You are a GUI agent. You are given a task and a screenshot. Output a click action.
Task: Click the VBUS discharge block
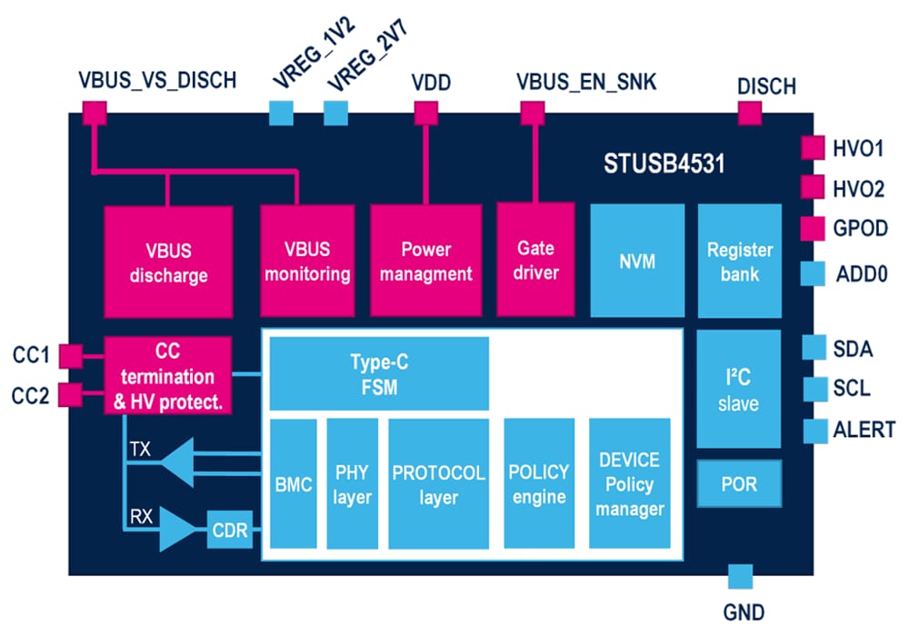click(x=168, y=261)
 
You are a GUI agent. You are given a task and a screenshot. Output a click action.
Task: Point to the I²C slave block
click(x=738, y=388)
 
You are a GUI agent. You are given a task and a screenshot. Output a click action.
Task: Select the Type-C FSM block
click(x=379, y=373)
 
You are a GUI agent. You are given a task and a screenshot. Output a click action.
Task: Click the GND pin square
click(x=740, y=576)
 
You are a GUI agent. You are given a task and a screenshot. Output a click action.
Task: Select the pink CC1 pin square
click(x=70, y=355)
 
